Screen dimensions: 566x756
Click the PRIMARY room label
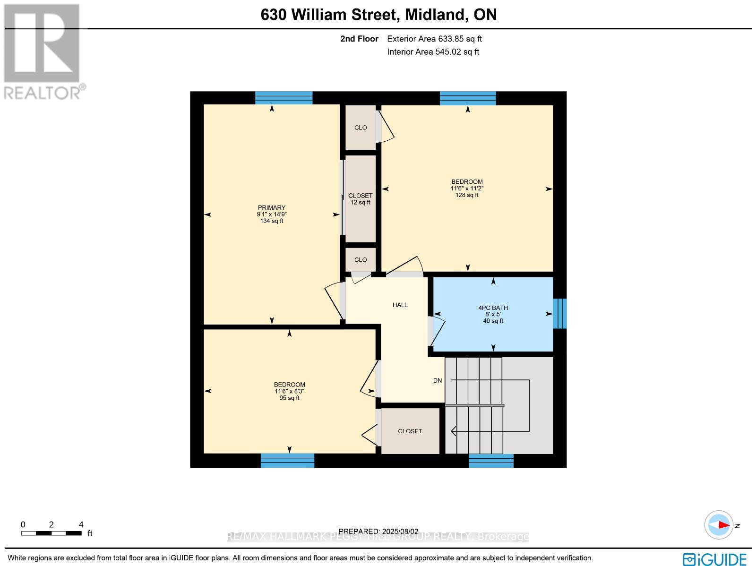[x=272, y=208]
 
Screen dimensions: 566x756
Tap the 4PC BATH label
[x=493, y=308]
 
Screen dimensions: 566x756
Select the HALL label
[x=400, y=305]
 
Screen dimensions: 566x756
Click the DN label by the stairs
[x=438, y=381]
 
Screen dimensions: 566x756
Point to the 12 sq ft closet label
[x=361, y=203]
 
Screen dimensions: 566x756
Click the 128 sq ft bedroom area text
[x=467, y=195]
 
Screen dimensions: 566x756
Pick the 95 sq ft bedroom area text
[x=289, y=398]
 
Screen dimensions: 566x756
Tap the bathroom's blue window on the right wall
[x=559, y=313]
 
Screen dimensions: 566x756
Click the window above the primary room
[x=283, y=98]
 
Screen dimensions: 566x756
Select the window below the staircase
[x=491, y=461]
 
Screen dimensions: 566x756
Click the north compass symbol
[x=720, y=525]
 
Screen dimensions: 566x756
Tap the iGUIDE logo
[x=715, y=559]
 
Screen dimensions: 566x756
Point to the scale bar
[x=51, y=533]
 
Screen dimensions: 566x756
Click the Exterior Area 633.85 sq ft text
[x=434, y=39]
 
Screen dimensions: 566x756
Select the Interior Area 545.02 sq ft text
[x=433, y=52]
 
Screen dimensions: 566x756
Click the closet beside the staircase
[x=410, y=431]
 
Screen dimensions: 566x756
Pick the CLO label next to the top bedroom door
[x=361, y=128]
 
